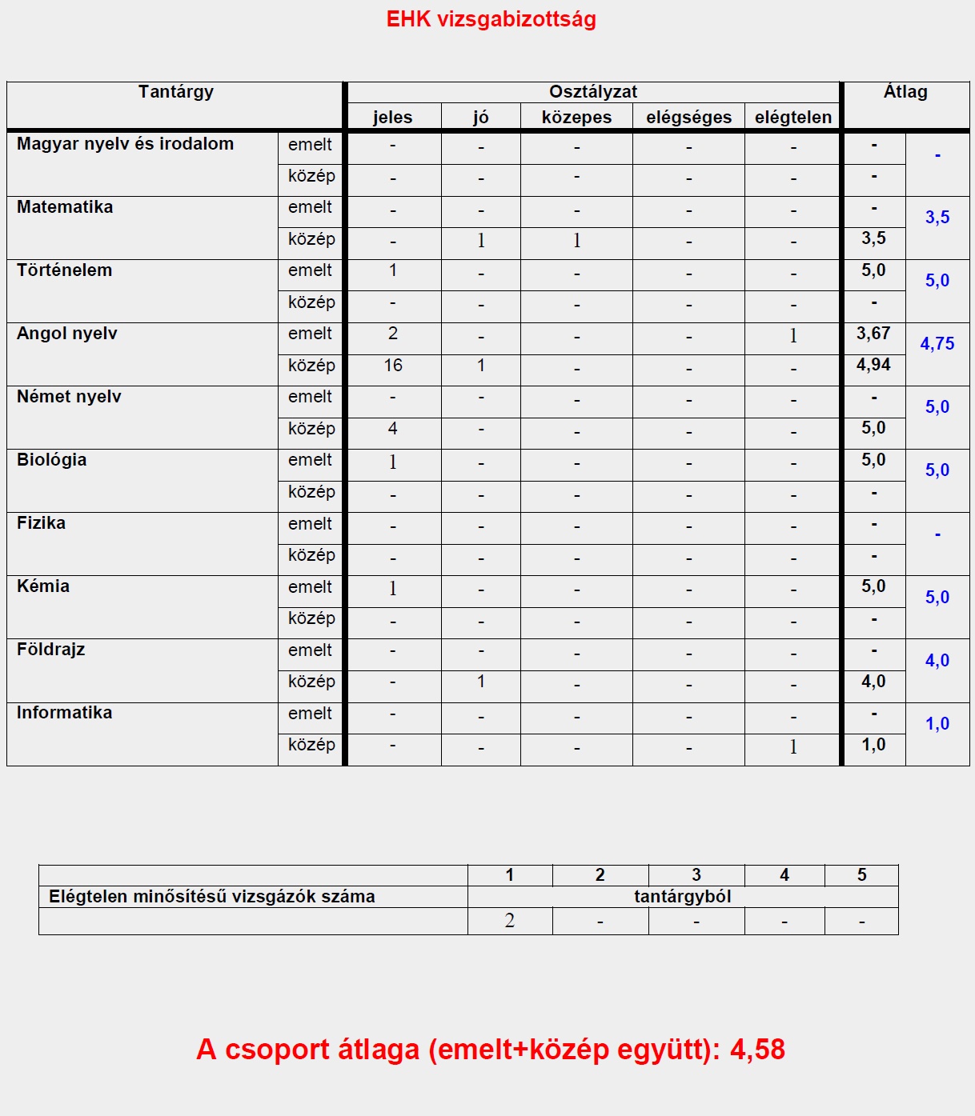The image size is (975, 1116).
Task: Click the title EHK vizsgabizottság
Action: pyautogui.click(x=491, y=19)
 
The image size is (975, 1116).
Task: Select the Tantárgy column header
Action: pyautogui.click(x=175, y=92)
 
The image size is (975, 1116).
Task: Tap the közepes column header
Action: pyautogui.click(x=576, y=118)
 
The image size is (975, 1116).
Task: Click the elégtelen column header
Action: pyautogui.click(x=792, y=118)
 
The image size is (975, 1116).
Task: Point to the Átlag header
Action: pyautogui.click(x=905, y=92)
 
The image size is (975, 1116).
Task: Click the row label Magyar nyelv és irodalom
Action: pyautogui.click(x=125, y=144)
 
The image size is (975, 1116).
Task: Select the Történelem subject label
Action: pyautogui.click(x=64, y=270)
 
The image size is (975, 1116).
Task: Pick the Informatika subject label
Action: pyautogui.click(x=64, y=713)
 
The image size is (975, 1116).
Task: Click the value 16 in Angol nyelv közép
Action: pyautogui.click(x=392, y=366)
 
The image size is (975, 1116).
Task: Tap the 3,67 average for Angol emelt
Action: pyautogui.click(x=873, y=334)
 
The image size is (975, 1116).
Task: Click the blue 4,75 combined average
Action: pyautogui.click(x=937, y=344)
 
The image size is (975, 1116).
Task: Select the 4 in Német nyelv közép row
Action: pyautogui.click(x=392, y=429)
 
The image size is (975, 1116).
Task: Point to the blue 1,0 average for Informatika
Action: pyautogui.click(x=937, y=724)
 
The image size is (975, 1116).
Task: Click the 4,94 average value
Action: pyautogui.click(x=873, y=365)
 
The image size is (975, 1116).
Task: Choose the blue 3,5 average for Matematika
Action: pyautogui.click(x=937, y=218)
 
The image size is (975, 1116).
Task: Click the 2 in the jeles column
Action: pyautogui.click(x=392, y=334)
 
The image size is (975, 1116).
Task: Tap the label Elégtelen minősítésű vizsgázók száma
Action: pyautogui.click(x=212, y=897)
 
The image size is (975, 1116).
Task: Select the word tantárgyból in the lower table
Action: pyautogui.click(x=683, y=897)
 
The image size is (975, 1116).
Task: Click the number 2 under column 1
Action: pyautogui.click(x=510, y=921)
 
